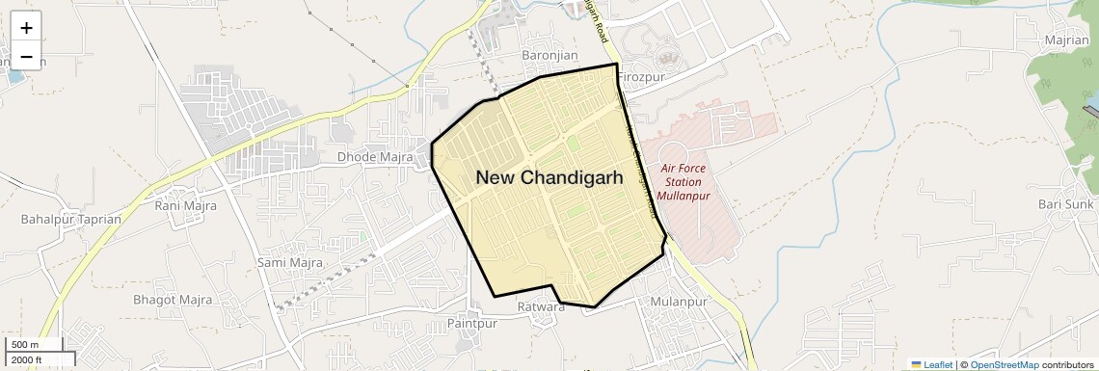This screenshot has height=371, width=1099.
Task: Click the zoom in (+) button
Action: (26, 28)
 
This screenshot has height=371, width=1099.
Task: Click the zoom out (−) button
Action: (26, 57)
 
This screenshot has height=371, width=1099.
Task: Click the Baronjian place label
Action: (549, 56)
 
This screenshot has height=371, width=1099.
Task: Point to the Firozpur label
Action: (641, 77)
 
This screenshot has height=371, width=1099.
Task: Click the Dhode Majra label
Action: (375, 157)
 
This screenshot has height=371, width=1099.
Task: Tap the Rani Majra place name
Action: (182, 205)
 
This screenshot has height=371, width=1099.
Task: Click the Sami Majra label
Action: (289, 262)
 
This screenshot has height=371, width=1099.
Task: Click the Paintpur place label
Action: (471, 324)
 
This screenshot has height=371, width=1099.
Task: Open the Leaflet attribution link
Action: (931, 364)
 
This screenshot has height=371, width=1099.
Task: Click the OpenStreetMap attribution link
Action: (1004, 364)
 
